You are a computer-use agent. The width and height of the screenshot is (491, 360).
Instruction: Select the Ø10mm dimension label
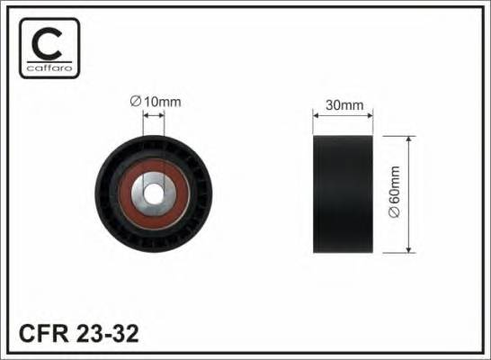pos(156,102)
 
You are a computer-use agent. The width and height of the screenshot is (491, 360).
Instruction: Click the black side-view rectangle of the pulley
pos(344,193)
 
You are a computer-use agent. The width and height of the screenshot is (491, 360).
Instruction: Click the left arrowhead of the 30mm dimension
pos(316,115)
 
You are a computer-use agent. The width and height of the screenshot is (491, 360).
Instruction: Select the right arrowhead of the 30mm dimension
pos(370,115)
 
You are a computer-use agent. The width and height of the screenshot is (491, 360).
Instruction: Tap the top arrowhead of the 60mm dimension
pos(409,140)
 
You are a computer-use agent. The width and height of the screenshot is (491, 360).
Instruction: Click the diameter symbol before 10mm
pos(135,102)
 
